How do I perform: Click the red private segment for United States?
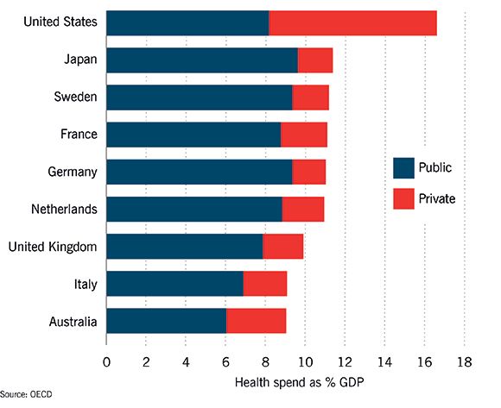pos(352,23)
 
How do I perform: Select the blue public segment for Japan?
pos(202,60)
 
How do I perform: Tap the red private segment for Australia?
pos(256,321)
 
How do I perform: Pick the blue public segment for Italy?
pos(174,284)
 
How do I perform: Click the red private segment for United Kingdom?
pos(283,247)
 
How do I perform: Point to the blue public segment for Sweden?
pos(200,97)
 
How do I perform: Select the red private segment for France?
pos(304,135)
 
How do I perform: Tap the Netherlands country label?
pos(62,209)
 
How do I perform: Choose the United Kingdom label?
pos(52,247)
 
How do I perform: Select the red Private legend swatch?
pos(405,198)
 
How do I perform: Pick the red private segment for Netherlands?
pos(302,209)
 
